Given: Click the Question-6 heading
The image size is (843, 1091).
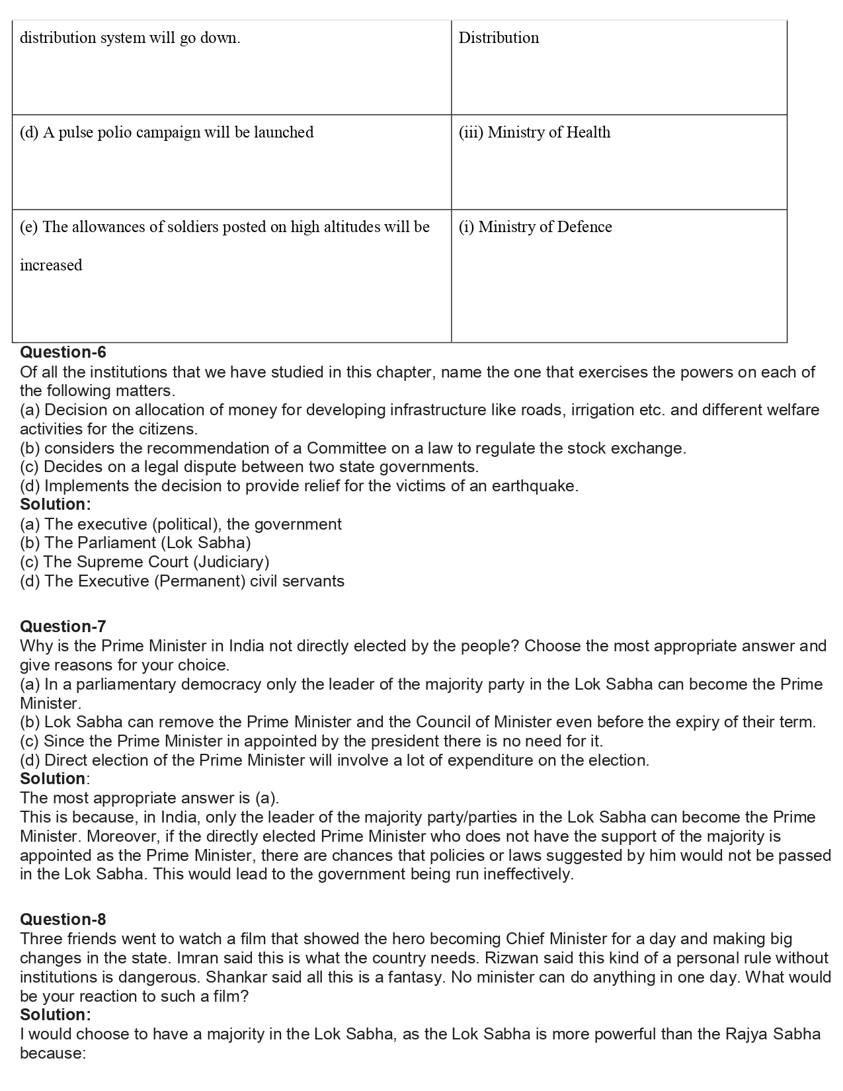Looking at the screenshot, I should click(x=63, y=352).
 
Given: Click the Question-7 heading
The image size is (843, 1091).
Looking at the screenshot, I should click(x=63, y=626).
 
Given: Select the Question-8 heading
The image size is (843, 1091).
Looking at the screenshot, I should click(x=63, y=919).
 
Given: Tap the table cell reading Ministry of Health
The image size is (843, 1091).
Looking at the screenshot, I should click(x=534, y=132).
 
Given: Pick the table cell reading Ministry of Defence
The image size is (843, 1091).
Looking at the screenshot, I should click(x=535, y=227).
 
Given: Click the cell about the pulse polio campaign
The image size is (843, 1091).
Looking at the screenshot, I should click(x=167, y=132).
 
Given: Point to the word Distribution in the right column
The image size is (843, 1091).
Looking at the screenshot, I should click(x=499, y=38).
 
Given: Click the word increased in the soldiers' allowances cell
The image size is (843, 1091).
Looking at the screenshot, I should click(x=51, y=265).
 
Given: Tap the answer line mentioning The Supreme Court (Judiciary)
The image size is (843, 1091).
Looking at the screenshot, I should click(x=145, y=562).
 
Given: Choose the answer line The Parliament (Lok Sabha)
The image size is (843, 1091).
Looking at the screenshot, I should click(x=136, y=543).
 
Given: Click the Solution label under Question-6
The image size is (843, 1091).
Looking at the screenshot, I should click(x=56, y=505).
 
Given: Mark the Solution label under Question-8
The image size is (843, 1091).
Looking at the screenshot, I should click(x=56, y=1015).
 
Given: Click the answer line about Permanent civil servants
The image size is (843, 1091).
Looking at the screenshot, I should click(x=182, y=581).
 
